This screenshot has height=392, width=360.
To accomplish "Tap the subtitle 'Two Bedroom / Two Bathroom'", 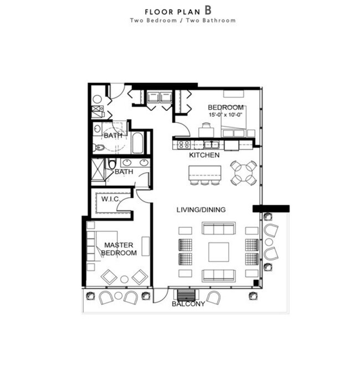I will point(183,20).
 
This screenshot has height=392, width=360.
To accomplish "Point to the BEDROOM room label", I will point(225,107).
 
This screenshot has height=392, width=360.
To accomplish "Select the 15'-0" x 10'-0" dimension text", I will point(225,115).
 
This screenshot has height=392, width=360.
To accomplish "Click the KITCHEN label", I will point(204,156).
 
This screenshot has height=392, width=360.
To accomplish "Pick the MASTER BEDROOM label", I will point(120,249).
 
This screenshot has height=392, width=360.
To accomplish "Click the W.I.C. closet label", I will point(111,198).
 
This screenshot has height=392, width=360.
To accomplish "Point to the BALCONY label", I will point(188,304).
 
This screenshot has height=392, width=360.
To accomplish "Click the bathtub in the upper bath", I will point(138,143).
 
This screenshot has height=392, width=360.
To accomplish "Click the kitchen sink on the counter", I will point(210,145).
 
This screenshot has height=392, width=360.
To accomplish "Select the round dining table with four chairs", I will point(244,173).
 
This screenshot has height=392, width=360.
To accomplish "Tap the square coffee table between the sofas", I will point(218,252).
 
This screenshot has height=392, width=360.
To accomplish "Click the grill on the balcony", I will point(186,295).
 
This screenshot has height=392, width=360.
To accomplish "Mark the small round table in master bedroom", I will point(125,279).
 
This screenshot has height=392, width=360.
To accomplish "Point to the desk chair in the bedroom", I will point(205,126).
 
